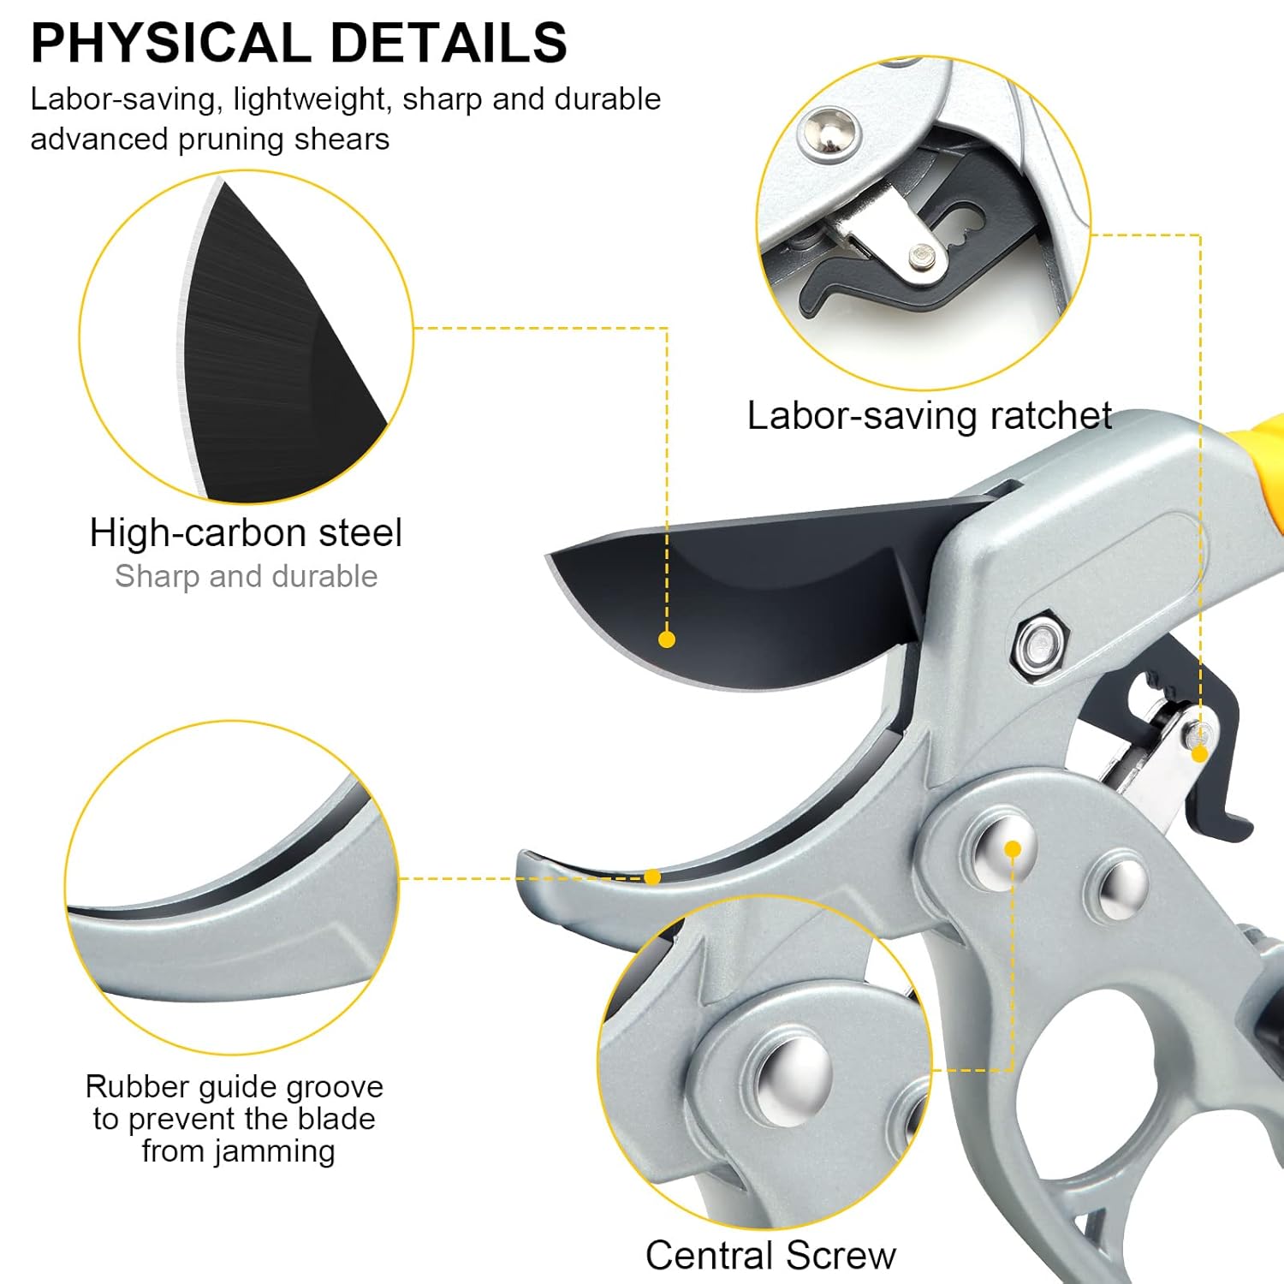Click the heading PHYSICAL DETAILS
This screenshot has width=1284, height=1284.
click(x=299, y=43)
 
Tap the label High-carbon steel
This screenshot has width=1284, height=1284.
click(x=246, y=532)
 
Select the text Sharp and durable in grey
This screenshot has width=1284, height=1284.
click(x=247, y=576)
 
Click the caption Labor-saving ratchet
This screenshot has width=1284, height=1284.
click(x=930, y=416)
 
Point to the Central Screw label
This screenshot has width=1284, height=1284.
click(x=770, y=1256)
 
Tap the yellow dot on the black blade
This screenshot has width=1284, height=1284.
click(x=667, y=639)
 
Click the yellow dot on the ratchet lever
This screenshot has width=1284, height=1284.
click(x=1199, y=753)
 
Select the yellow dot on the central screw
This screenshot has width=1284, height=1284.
click(x=1013, y=849)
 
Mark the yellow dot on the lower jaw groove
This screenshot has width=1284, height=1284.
click(x=652, y=877)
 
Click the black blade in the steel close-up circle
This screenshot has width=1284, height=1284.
click(x=274, y=360)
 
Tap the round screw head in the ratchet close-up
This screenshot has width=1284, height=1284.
click(x=829, y=131)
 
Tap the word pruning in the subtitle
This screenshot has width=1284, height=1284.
click(x=232, y=140)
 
